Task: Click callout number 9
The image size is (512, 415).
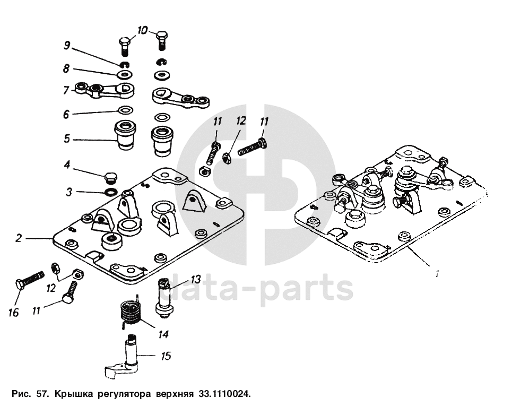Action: tap(67, 45)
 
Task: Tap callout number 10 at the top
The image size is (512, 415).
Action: tap(142, 31)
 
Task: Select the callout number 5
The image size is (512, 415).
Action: tap(67, 139)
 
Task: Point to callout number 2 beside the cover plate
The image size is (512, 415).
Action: tap(19, 238)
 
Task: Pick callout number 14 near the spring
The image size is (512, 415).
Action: tap(163, 334)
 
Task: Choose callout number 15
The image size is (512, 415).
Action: tap(166, 356)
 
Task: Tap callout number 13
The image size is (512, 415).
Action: tap(195, 279)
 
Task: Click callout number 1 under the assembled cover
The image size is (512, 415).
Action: tap(436, 274)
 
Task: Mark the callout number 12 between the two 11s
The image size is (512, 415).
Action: tap(241, 121)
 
